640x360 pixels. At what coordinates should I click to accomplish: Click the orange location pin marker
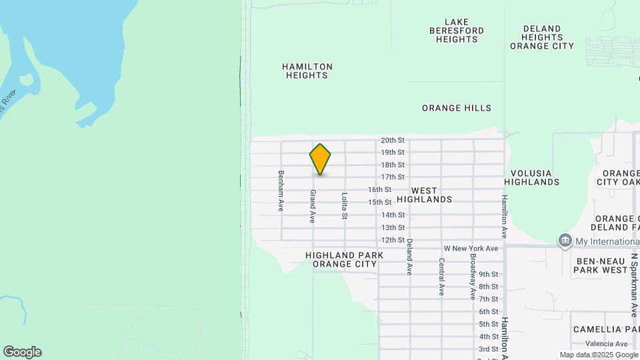point(320,159)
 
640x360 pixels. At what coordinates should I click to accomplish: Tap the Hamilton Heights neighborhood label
point(307,71)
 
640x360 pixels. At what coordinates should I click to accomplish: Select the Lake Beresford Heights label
point(457,31)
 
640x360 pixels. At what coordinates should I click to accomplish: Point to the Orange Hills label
point(457,108)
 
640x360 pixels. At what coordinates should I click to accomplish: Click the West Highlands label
point(424,195)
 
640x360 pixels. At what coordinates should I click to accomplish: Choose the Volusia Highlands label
point(531,177)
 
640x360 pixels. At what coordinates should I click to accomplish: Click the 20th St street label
point(393,140)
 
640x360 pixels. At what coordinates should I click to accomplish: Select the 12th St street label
point(393,240)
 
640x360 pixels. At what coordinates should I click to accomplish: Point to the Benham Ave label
point(281,191)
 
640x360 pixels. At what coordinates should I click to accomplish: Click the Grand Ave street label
point(312,205)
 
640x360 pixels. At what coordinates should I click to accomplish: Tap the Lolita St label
point(344,206)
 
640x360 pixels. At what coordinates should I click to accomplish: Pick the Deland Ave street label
point(409,257)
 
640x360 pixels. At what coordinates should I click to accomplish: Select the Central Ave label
point(441,277)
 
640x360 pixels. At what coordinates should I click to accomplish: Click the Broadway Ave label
point(473,276)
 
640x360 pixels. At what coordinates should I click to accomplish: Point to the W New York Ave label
point(471,249)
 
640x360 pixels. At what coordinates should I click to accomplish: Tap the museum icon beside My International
point(565,241)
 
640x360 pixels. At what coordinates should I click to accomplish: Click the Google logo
point(22,352)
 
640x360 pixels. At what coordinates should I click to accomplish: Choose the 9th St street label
point(488,274)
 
